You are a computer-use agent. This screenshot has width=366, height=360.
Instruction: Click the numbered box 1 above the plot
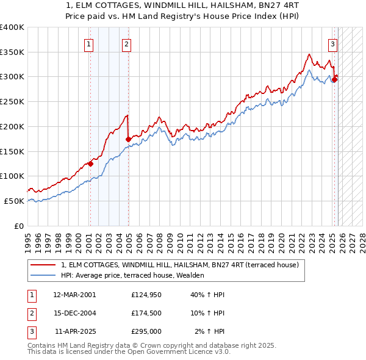(89, 43)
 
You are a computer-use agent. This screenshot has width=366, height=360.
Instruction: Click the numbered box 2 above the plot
(126, 43)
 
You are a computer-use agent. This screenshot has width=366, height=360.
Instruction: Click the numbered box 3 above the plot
(333, 43)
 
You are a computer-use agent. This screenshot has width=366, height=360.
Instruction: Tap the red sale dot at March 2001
(90, 164)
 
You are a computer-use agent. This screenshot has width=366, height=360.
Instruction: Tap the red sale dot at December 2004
(128, 139)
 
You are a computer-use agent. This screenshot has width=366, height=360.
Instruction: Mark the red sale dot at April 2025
(334, 79)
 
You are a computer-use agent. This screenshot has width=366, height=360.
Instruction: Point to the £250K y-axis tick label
(12, 101)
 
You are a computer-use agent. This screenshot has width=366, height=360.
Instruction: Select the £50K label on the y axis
(14, 201)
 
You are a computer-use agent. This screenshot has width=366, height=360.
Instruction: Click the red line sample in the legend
(43, 265)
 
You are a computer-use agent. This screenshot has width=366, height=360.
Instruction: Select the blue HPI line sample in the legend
(43, 275)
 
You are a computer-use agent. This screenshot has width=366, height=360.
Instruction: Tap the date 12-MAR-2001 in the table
(74, 295)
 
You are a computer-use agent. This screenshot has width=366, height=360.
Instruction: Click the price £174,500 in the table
(146, 313)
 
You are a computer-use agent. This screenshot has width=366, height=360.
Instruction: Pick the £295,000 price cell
(146, 331)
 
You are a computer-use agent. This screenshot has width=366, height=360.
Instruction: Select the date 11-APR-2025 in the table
(74, 331)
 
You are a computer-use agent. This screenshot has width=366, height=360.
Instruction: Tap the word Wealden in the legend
(189, 275)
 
